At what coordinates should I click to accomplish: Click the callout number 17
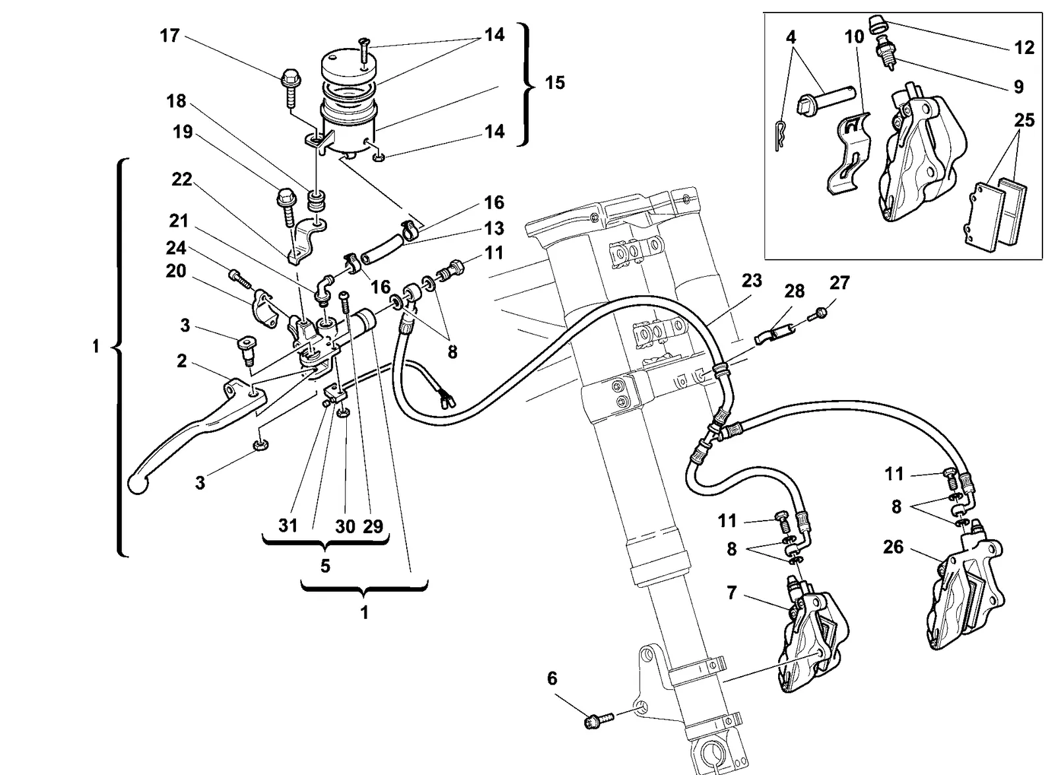click(169, 36)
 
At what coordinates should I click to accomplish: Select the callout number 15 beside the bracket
click(555, 83)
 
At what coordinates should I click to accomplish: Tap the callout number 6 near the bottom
click(552, 679)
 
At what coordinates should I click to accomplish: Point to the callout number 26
click(893, 547)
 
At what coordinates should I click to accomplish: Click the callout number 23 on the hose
click(752, 281)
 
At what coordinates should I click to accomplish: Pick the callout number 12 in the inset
click(1025, 47)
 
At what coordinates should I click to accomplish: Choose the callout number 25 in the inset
click(1025, 121)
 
